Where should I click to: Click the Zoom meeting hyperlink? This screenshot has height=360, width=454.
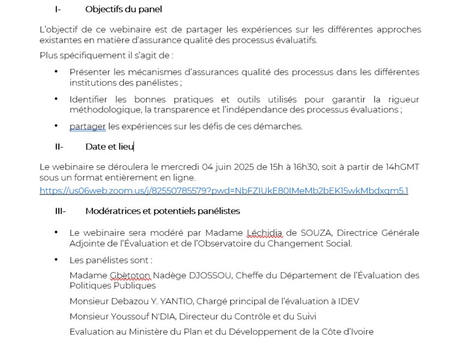point(223,191)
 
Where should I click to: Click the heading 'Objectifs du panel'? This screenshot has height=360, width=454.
point(123,9)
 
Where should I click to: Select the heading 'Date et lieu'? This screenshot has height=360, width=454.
point(109,146)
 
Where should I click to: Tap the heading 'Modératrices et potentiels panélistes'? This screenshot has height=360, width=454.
point(162,211)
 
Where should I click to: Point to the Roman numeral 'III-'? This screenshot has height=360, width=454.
point(60,211)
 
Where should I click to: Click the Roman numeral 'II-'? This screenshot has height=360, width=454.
point(59,146)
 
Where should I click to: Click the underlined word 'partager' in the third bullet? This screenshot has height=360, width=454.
point(88,126)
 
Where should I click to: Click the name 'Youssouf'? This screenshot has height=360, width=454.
point(124,316)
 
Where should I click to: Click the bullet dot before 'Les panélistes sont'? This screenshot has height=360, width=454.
point(56,259)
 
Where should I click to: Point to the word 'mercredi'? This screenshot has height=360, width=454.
point(169,167)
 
